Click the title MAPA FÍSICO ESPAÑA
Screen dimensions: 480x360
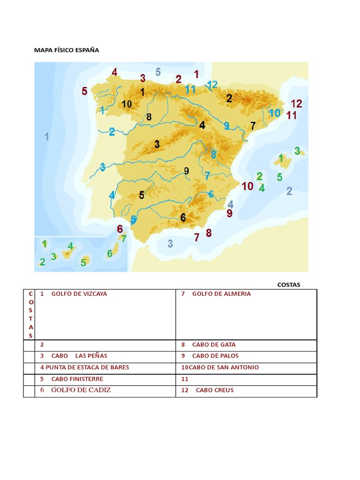(67, 50)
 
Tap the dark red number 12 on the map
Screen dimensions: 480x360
(296, 104)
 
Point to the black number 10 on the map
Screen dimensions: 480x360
(127, 104)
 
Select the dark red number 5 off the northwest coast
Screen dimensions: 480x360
(84, 91)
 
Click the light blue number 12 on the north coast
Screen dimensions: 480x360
(212, 85)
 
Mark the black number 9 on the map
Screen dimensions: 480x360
(187, 171)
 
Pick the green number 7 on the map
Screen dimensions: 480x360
(124, 238)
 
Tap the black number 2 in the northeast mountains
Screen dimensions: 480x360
(229, 98)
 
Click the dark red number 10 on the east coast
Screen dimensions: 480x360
(247, 186)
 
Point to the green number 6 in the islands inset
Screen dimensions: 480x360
(110, 253)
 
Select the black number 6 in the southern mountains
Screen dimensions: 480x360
(183, 217)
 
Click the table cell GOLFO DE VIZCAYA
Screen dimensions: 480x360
(79, 294)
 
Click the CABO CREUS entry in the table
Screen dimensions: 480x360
(214, 390)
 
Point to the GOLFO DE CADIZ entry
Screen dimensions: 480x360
(81, 390)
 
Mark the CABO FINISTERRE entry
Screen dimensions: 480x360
(77, 379)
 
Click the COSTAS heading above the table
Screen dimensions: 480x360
(289, 285)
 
